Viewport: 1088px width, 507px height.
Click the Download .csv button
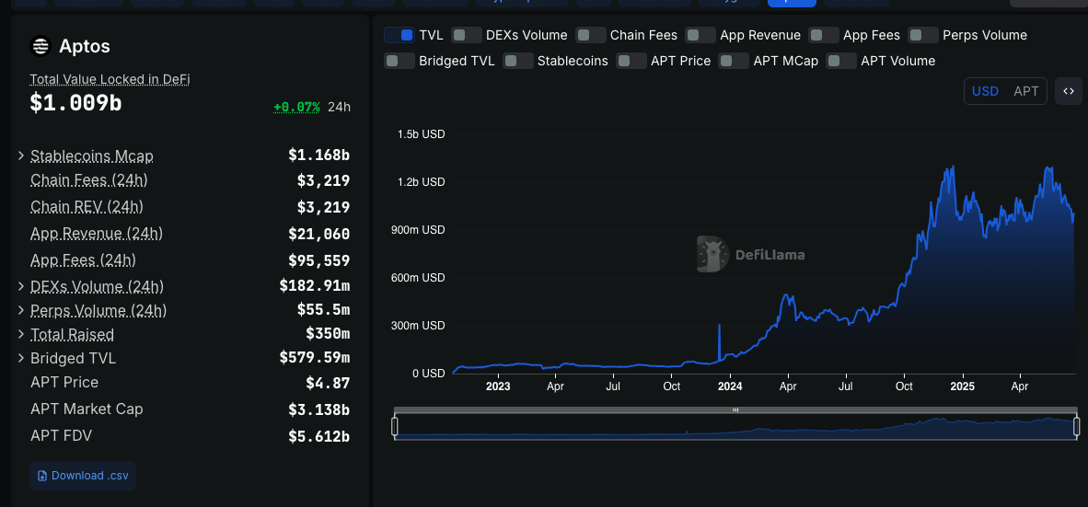coord(83,476)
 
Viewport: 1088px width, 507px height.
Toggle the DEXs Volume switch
coord(468,35)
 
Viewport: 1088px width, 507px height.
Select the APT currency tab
coord(1025,91)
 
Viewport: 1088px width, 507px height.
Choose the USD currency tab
coord(985,91)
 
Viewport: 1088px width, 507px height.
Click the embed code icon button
coord(1069,91)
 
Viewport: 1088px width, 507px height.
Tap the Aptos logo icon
coord(41,46)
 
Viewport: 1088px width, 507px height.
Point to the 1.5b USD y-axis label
coord(421,134)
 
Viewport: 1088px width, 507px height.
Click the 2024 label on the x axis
coord(730,386)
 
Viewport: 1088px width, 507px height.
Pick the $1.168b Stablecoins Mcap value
coord(318,156)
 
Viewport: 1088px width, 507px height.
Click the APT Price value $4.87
coord(328,383)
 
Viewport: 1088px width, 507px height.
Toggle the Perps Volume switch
coord(923,35)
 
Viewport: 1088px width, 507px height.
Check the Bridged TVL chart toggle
coord(399,61)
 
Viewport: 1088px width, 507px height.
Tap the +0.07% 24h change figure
coord(296,107)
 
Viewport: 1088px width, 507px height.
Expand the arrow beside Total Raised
coord(21,335)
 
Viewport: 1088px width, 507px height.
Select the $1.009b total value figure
coord(75,103)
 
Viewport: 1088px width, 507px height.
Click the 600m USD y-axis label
coord(421,278)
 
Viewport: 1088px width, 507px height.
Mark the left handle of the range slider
coord(395,426)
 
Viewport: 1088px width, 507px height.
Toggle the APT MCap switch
coord(734,61)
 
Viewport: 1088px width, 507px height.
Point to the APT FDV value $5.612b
coord(318,436)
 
